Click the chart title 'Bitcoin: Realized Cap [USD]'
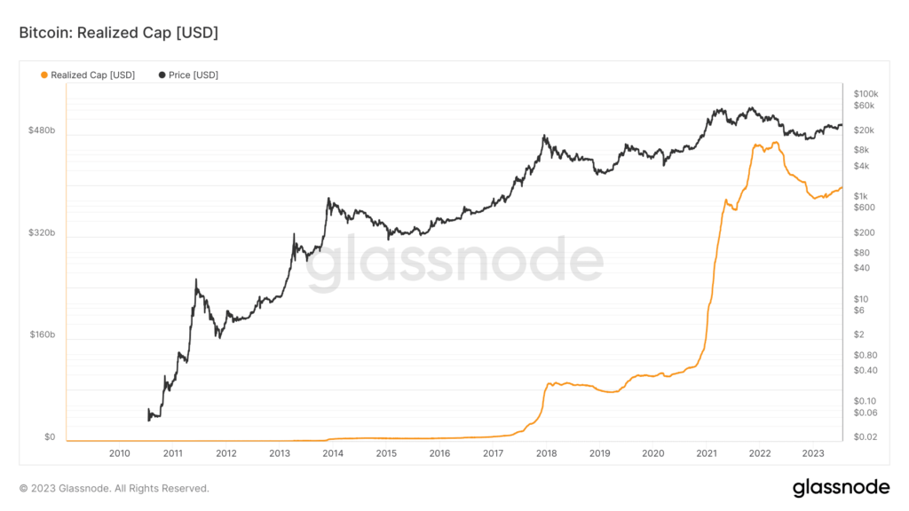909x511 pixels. [118, 33]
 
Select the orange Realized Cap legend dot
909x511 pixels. [44, 75]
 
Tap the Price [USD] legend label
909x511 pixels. [194, 75]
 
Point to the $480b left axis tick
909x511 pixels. [42, 131]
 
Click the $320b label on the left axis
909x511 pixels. [42, 233]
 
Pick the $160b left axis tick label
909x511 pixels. [42, 335]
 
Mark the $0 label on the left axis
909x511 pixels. [49, 437]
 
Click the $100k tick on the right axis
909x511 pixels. [866, 94]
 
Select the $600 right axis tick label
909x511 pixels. [865, 208]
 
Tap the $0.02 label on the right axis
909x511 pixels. [866, 437]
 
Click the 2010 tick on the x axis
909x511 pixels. [120, 453]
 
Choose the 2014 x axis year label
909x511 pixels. [333, 453]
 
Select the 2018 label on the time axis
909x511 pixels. [546, 453]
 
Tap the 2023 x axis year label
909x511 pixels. [813, 453]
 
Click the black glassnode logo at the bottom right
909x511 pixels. [841, 487]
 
